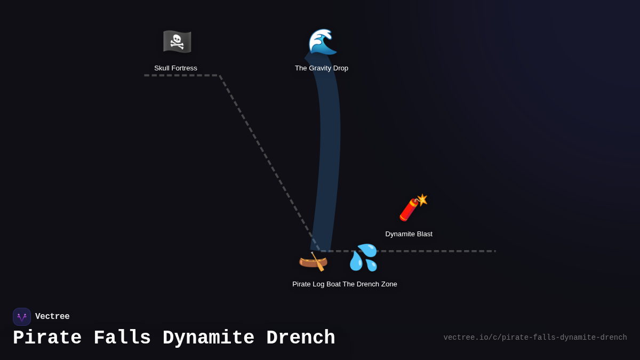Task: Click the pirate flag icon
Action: pos(177,42)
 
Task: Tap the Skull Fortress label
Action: pos(175,68)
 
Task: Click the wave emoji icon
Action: pos(322,42)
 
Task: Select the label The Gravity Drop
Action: pos(322,68)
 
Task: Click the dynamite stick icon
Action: pos(413,207)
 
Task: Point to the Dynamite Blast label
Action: pos(409,234)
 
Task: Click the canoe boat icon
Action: pos(313,261)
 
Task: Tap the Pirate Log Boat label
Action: pos(316,284)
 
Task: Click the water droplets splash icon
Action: pos(363,258)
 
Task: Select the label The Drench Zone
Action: pos(370,284)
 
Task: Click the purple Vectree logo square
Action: pos(22,317)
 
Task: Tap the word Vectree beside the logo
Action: pos(52,317)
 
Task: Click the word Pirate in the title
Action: pos(47,338)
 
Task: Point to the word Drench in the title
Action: pos(300,338)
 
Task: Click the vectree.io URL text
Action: pos(535,338)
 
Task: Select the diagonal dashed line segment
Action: pos(269,163)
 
